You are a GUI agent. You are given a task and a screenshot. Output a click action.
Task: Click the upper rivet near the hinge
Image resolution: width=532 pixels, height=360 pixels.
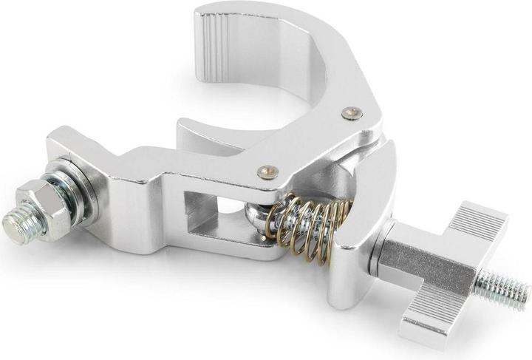352,113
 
